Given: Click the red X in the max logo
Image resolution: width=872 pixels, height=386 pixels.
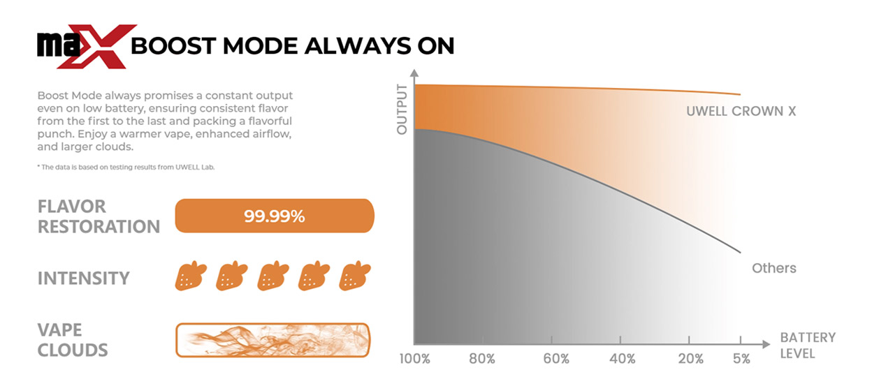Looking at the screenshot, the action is (x=98, y=47).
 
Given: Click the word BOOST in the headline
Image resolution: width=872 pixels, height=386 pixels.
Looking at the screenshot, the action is (x=173, y=46).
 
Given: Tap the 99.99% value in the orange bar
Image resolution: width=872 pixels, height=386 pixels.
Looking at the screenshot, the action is (x=275, y=216).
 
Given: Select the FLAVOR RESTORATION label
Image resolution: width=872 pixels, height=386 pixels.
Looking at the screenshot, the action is (x=99, y=216).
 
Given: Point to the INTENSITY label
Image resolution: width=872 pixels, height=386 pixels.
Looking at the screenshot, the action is (x=84, y=279).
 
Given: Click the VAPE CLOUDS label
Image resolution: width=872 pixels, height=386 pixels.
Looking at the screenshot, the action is (x=73, y=340).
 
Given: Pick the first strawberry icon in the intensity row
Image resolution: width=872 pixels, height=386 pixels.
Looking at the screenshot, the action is (x=191, y=276).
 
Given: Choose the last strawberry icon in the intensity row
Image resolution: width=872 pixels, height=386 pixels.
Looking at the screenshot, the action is (x=355, y=276).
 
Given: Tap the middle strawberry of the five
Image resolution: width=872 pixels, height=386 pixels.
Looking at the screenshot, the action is (x=273, y=276).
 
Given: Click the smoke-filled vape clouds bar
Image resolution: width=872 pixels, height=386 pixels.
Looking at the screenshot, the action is (x=272, y=340).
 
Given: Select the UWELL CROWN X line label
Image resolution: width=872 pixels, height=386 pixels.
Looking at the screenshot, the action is (x=741, y=111).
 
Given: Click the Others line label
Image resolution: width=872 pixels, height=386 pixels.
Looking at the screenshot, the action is (x=774, y=268).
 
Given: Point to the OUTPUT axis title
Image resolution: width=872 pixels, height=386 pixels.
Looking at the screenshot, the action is (x=402, y=109).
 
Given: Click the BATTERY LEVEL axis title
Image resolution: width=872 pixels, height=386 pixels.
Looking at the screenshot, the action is (x=808, y=346).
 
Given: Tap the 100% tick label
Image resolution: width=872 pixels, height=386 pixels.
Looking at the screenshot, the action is (x=415, y=359).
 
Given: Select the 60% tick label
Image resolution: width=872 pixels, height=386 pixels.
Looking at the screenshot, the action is (x=556, y=359).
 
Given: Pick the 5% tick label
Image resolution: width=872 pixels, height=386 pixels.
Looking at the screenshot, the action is (x=741, y=359).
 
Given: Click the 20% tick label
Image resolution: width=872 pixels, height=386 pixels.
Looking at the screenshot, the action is (x=690, y=359).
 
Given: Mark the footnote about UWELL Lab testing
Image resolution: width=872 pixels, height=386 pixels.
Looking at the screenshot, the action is (x=126, y=167).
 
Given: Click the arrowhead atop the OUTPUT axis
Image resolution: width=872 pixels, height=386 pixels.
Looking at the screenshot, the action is (x=414, y=73).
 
